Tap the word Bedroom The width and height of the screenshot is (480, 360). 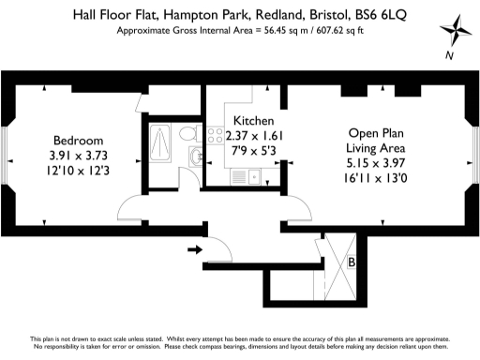70,141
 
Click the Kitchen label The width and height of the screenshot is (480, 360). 253,121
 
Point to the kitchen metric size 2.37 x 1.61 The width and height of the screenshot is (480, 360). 253,135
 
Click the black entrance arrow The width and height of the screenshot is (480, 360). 195,249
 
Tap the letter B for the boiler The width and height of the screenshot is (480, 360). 351,263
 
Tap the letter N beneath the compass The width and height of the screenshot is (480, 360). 450,54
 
